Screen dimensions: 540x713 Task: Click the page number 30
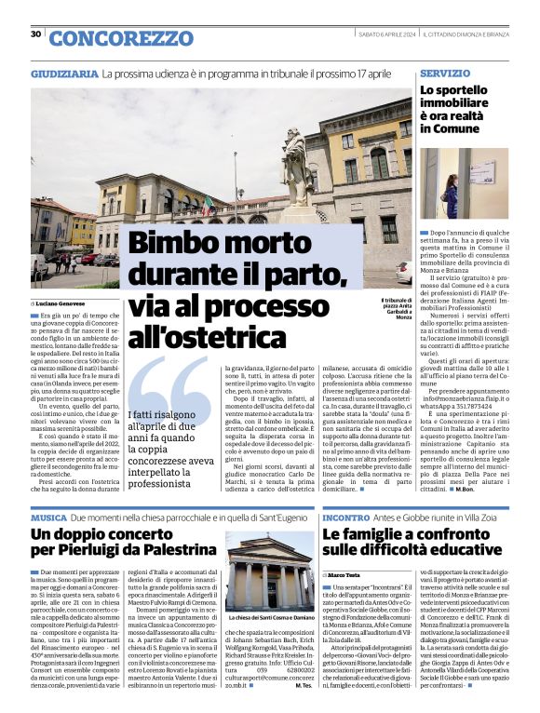35,34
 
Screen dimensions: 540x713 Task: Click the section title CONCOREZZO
120,38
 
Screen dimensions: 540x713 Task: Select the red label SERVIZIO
445,73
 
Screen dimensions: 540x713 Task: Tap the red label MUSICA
47,517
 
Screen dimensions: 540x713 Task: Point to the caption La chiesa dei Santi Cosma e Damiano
272,619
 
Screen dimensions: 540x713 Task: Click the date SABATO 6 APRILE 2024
387,34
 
